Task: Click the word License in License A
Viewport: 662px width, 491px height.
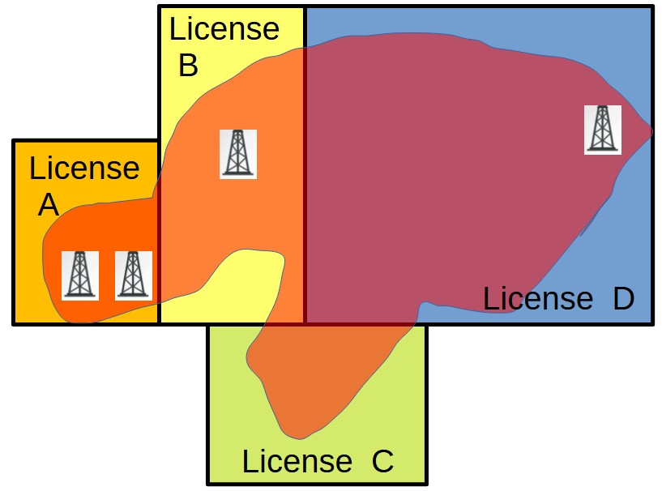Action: tap(84, 169)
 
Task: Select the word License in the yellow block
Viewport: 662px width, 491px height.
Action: tap(224, 29)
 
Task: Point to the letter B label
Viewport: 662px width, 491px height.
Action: tap(187, 66)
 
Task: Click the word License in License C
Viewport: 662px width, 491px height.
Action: tap(297, 462)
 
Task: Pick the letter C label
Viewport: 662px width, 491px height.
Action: tap(382, 462)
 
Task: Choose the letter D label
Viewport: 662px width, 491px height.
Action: tap(622, 298)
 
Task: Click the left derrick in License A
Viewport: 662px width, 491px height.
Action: tap(79, 275)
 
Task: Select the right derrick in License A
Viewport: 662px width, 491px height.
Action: tap(133, 275)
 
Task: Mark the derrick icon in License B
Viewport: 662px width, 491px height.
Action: tap(238, 153)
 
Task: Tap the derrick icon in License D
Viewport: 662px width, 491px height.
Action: tap(603, 129)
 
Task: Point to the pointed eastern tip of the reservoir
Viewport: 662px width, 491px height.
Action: tap(650, 132)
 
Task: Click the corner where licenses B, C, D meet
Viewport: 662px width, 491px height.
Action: tap(305, 324)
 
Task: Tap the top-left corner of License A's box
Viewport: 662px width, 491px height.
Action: tap(14, 141)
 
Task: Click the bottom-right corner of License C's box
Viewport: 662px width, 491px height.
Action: tap(425, 483)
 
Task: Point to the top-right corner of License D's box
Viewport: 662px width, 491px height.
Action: tap(651, 8)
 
